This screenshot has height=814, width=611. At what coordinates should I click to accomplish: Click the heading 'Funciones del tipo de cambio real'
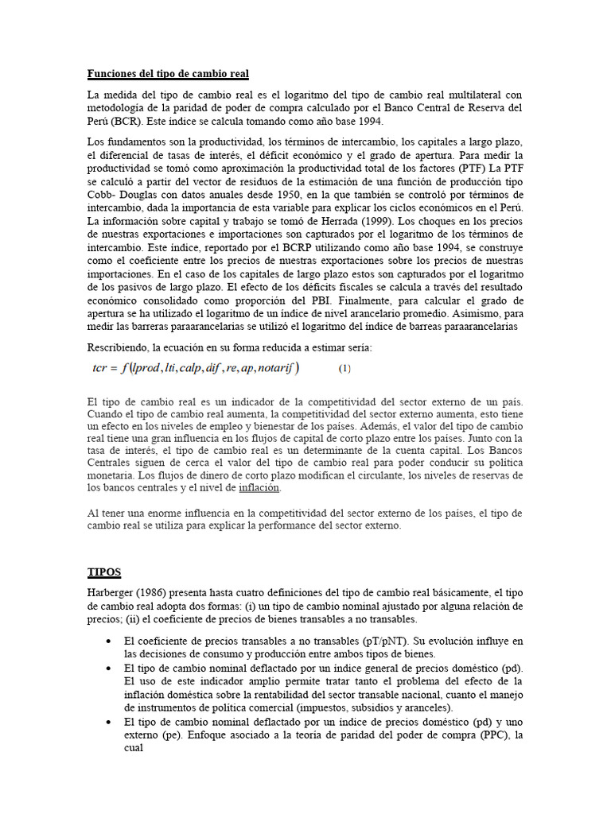(x=168, y=74)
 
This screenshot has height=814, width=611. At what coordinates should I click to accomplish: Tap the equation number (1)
(x=344, y=368)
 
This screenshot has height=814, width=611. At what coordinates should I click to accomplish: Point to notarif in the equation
(x=273, y=367)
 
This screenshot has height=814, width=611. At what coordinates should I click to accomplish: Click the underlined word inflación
(x=259, y=488)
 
